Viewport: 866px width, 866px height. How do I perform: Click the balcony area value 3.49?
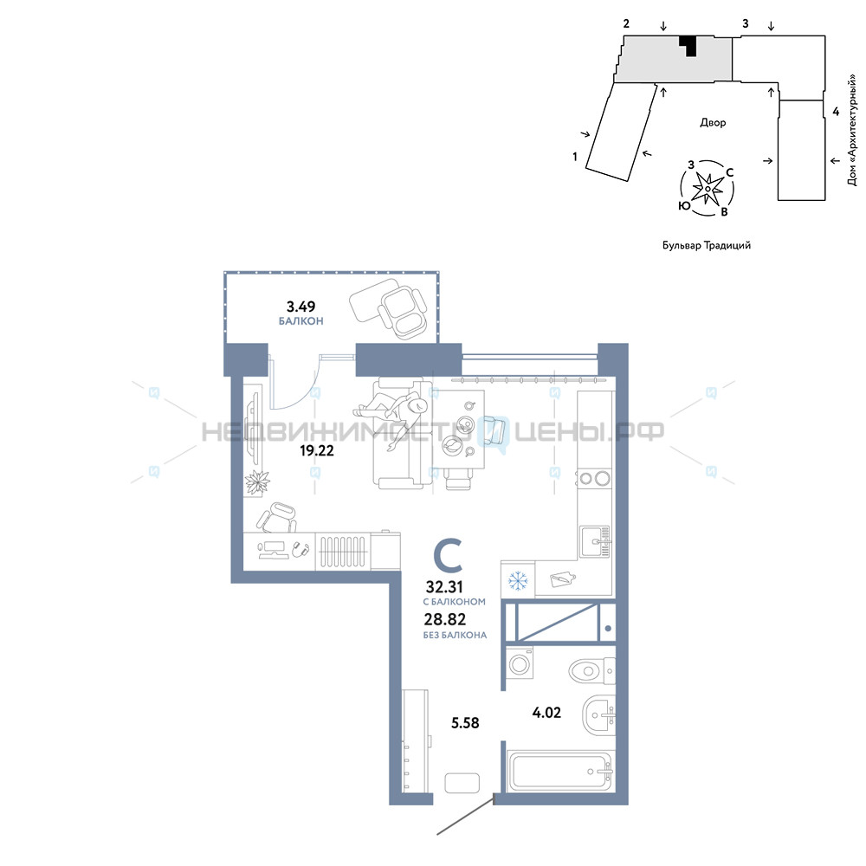click(301, 306)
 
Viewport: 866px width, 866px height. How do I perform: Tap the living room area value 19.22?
click(317, 450)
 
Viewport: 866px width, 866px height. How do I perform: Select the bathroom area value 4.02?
click(546, 713)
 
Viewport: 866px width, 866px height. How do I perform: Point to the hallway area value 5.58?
click(465, 723)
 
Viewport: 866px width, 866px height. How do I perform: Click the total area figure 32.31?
click(444, 586)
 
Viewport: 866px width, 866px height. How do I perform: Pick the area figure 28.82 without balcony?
click(445, 620)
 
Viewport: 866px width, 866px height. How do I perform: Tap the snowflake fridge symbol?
click(518, 580)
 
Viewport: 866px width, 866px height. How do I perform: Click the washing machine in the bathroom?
click(520, 663)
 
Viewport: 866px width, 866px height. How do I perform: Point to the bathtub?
click(561, 772)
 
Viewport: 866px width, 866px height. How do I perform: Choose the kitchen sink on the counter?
click(595, 541)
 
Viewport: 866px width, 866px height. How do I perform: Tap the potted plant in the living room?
click(257, 481)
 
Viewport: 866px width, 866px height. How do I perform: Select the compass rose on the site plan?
click(708, 188)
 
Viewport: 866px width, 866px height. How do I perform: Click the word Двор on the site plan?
click(713, 123)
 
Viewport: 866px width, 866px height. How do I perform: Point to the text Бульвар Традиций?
click(707, 245)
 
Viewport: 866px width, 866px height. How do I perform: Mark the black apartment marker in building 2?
click(688, 45)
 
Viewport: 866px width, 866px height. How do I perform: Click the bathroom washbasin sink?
click(598, 716)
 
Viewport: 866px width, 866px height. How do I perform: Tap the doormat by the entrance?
click(462, 783)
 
